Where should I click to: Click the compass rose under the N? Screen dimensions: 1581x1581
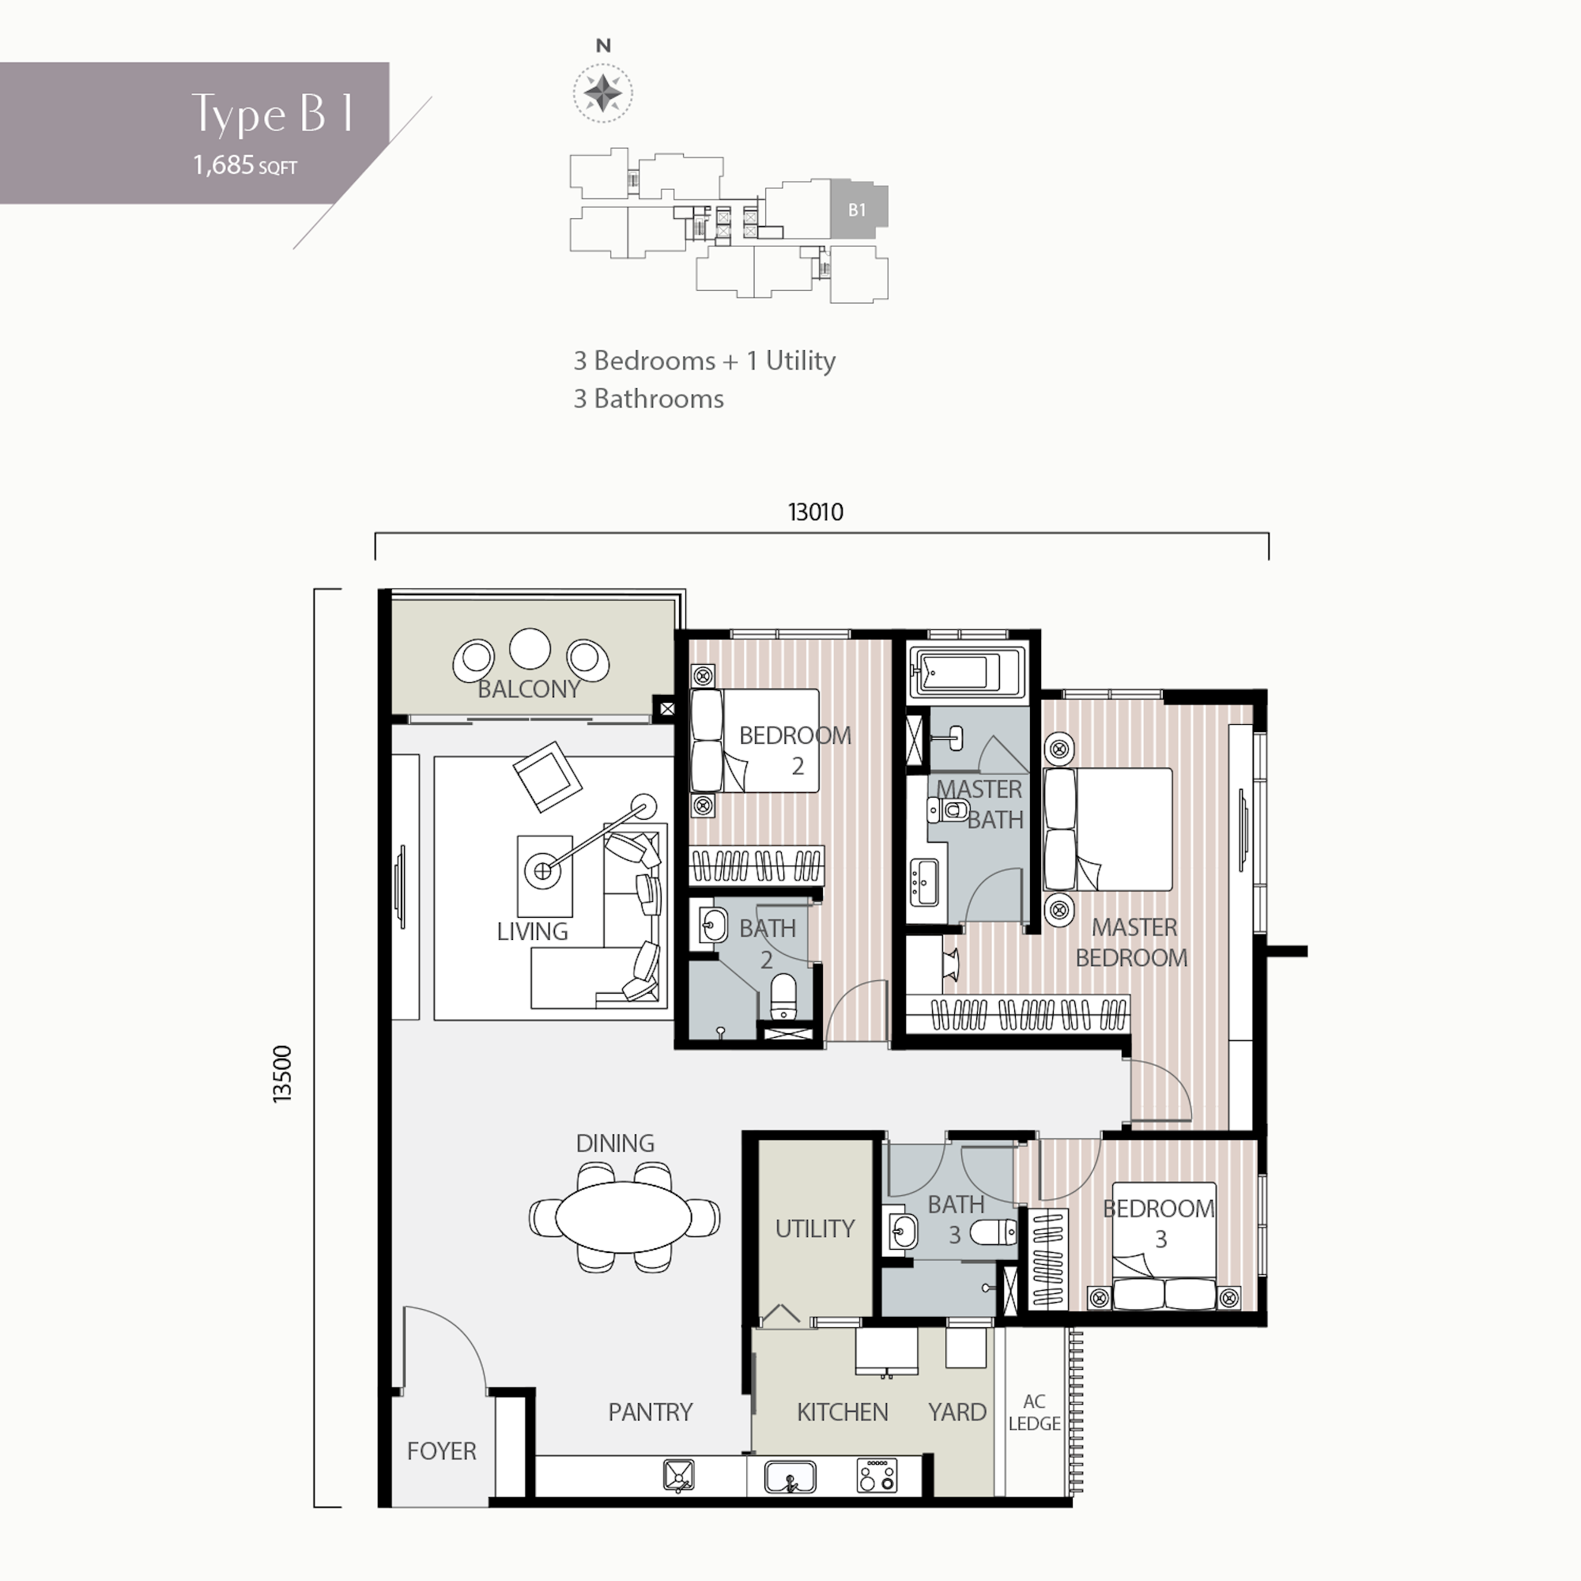[602, 92]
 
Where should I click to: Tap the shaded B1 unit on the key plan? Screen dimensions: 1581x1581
[858, 210]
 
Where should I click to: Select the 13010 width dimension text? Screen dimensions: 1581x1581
[815, 512]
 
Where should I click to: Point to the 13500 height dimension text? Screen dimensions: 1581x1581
[281, 1073]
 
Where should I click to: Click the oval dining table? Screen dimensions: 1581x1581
[624, 1217]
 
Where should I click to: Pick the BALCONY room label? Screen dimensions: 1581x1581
[529, 689]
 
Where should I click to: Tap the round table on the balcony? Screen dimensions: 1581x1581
[530, 649]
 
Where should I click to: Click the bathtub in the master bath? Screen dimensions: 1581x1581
[966, 673]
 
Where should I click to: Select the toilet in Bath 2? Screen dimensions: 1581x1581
[783, 996]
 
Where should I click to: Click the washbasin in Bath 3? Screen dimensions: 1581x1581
[903, 1231]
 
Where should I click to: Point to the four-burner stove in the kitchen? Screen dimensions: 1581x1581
[877, 1476]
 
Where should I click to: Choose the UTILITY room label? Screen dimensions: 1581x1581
[814, 1228]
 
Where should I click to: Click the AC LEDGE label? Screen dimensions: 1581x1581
[1034, 1413]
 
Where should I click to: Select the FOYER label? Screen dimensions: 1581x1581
[441, 1451]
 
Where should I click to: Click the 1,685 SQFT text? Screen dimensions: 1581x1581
[245, 165]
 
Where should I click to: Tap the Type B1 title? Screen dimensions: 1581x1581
[273, 114]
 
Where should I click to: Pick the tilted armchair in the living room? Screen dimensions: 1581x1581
[548, 775]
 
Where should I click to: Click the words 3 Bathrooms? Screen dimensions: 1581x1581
[648, 399]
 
